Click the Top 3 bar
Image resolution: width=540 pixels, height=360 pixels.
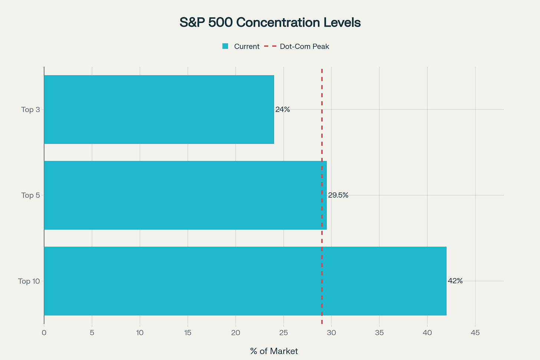click(x=159, y=109)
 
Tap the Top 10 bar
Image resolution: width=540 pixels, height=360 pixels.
click(x=245, y=281)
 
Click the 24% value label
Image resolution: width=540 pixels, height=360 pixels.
click(x=283, y=109)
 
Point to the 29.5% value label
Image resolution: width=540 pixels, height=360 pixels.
click(x=338, y=195)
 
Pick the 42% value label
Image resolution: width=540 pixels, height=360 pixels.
click(x=455, y=281)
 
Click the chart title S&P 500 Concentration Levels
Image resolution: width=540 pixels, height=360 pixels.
click(x=270, y=23)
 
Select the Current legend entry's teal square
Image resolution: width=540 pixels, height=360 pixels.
click(x=225, y=46)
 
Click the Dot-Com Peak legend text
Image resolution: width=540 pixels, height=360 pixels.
click(x=304, y=46)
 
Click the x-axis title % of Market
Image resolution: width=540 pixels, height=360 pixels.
click(x=274, y=351)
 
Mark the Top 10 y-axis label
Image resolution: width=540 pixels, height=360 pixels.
click(x=29, y=281)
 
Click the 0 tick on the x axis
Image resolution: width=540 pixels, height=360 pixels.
click(x=44, y=333)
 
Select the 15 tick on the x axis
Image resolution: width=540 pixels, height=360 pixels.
click(x=188, y=333)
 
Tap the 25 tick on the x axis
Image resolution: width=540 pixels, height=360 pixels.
click(x=284, y=333)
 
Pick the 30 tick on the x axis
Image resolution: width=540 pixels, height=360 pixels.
click(x=332, y=333)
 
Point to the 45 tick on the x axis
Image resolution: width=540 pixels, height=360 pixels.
click(x=475, y=333)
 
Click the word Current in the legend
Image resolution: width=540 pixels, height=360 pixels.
click(x=247, y=46)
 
